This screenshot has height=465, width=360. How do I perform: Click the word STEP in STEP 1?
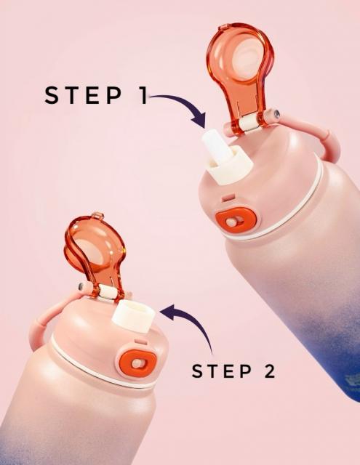pyautogui.click(x=84, y=95)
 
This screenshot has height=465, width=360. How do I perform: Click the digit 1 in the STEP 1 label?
pyautogui.click(x=143, y=95)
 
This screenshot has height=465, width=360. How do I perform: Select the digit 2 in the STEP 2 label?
pyautogui.click(x=270, y=371)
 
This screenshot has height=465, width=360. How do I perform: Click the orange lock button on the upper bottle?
pyautogui.click(x=236, y=221)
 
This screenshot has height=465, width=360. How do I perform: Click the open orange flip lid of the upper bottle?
pyautogui.click(x=240, y=74)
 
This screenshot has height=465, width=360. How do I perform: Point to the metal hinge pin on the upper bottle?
pyautogui.click(x=277, y=113)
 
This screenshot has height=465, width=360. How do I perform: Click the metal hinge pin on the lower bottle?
pyautogui.click(x=81, y=286)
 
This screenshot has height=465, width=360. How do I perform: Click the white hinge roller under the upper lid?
pyautogui.click(x=248, y=123)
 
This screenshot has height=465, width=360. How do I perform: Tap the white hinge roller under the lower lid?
pyautogui.click(x=107, y=292)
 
